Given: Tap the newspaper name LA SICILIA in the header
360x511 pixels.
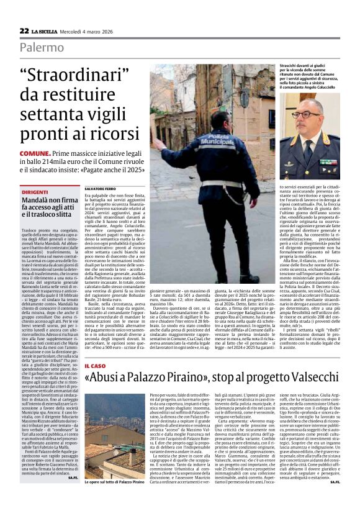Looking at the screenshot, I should point(45,31).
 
